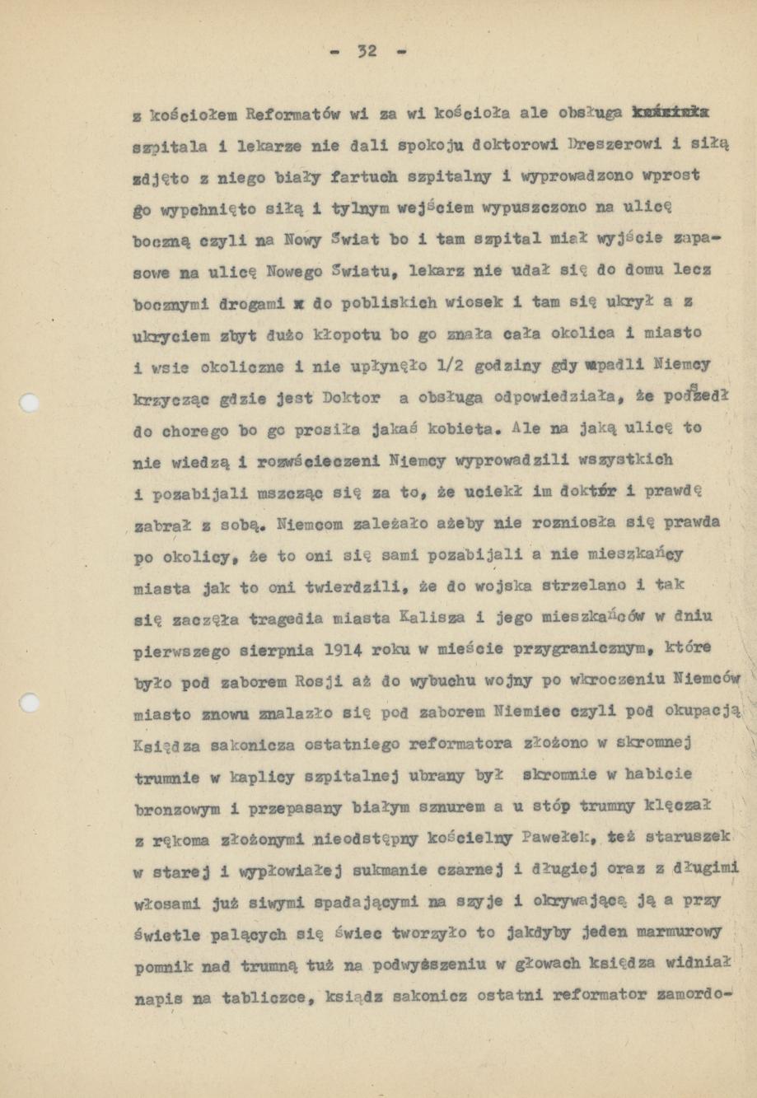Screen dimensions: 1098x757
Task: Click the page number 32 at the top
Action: coord(367,51)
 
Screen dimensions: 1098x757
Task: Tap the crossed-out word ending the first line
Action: coord(672,112)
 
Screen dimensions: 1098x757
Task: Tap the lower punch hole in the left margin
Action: coord(30,703)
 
